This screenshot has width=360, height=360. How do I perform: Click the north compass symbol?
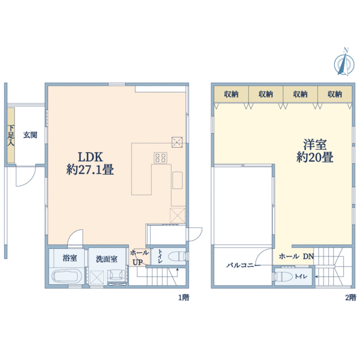tap(344, 62)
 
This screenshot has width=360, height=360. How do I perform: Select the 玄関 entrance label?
tap(30, 135)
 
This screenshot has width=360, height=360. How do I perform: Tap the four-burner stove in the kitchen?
tap(161, 158)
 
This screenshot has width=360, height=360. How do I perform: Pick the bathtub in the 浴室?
tap(67, 278)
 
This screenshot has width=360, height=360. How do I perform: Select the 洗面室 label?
tap(106, 259)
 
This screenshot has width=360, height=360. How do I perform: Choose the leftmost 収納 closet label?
tap(232, 94)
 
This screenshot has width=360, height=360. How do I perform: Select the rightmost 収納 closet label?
tap(335, 94)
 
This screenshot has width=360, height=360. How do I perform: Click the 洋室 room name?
tap(314, 144)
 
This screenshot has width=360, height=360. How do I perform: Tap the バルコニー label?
tap(242, 264)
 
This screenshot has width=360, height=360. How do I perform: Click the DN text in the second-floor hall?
tap(308, 257)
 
